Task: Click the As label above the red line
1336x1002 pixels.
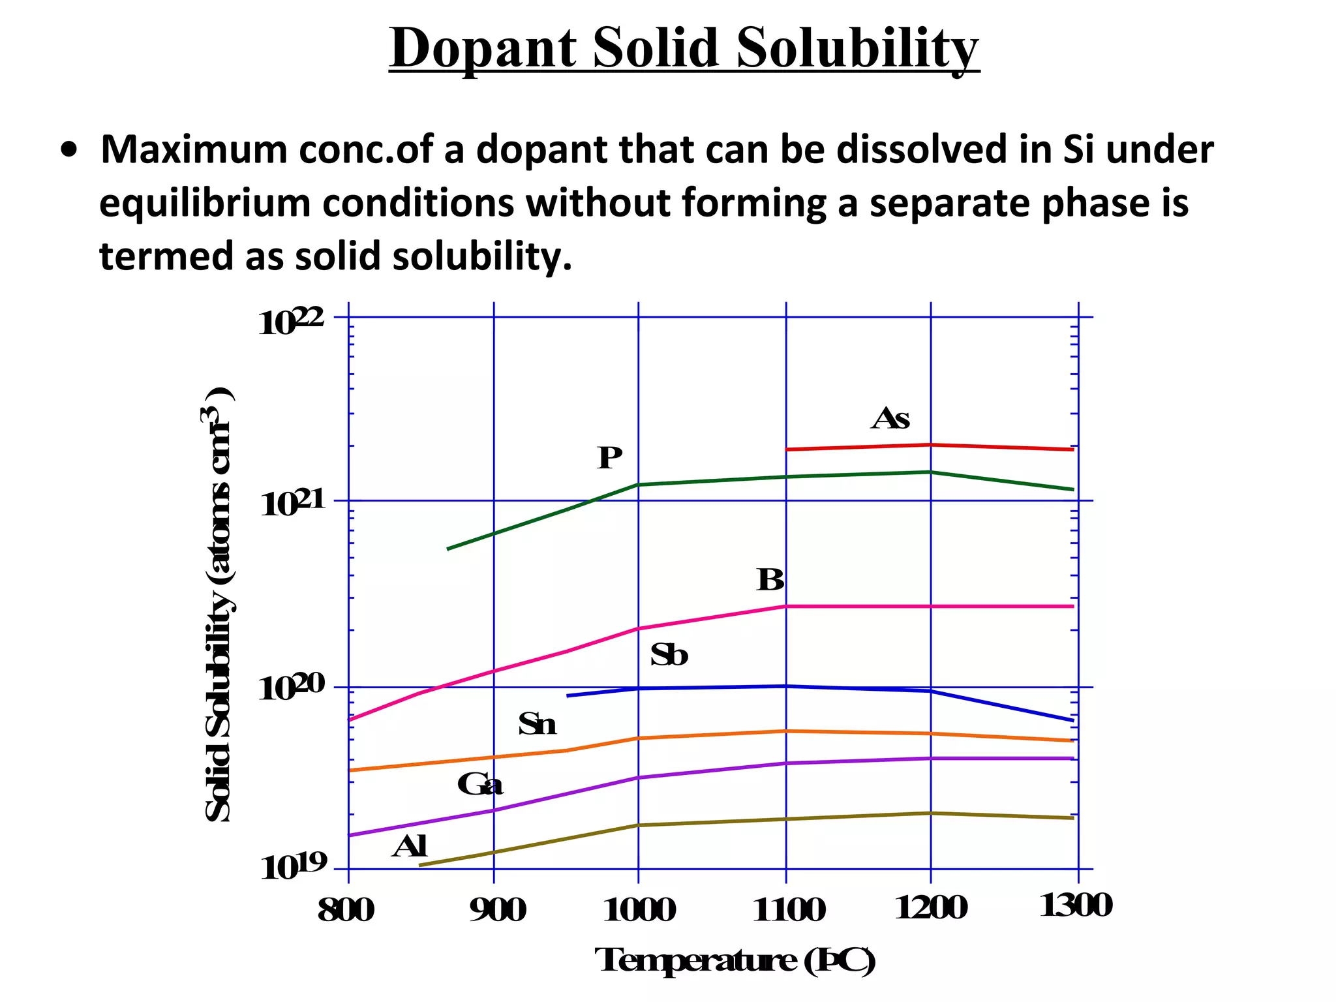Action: point(890,419)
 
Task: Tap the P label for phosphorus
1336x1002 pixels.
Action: point(609,459)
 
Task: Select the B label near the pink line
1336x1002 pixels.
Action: point(770,580)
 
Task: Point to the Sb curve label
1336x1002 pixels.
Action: point(669,656)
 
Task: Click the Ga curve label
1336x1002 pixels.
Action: point(480,785)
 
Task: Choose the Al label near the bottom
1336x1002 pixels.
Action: point(410,847)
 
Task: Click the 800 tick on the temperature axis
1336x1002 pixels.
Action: point(346,910)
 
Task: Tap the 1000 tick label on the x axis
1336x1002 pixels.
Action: point(639,910)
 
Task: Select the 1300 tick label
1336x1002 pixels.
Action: point(1076,907)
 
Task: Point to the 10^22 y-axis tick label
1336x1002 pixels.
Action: point(291,322)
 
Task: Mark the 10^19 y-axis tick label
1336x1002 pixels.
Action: point(293,867)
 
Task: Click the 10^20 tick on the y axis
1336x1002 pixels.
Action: point(291,688)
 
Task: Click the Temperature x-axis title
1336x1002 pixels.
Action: point(735,961)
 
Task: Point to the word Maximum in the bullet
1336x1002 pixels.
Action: point(194,150)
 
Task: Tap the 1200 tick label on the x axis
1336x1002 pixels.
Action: point(931,909)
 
